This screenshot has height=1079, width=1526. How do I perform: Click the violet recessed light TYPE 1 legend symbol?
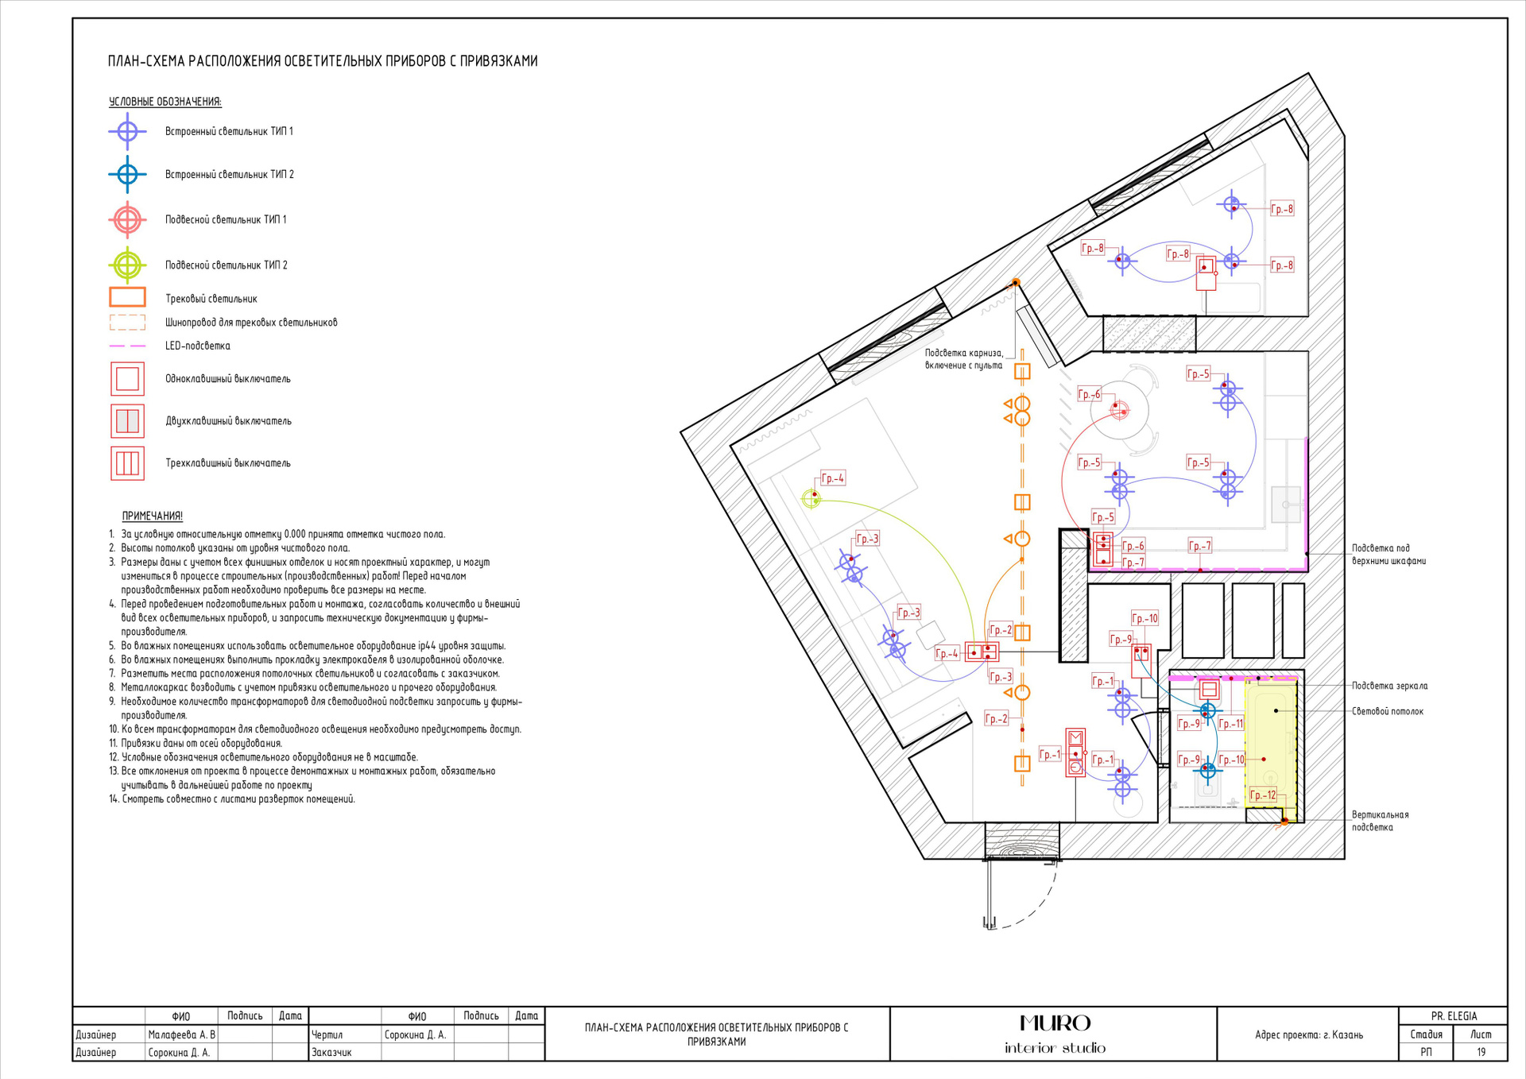tap(127, 131)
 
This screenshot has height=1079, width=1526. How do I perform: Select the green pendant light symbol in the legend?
tap(127, 265)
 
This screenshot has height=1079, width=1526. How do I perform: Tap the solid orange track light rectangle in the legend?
tap(127, 297)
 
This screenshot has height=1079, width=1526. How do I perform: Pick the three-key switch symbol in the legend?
tap(127, 463)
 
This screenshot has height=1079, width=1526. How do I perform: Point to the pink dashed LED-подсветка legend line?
tap(127, 346)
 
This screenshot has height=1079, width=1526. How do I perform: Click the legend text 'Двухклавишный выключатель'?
tap(228, 421)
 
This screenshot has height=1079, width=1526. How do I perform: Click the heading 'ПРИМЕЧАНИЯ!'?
tap(153, 516)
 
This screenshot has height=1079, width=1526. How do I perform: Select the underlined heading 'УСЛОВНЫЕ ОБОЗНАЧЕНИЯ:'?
tap(165, 102)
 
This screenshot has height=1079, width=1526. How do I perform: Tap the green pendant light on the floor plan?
tap(811, 499)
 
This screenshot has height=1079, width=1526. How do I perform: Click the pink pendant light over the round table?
tap(1119, 410)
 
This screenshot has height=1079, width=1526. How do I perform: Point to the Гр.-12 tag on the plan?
tap(1263, 795)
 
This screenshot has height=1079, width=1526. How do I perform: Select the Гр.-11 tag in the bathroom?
tap(1230, 723)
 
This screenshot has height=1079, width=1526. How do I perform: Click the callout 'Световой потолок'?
tap(1388, 711)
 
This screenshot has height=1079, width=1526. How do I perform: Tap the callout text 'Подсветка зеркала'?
tap(1390, 686)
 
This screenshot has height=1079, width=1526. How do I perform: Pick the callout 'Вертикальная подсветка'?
tap(1380, 821)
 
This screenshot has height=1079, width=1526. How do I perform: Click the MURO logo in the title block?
tap(1055, 1023)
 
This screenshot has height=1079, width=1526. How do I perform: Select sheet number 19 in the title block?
tap(1481, 1052)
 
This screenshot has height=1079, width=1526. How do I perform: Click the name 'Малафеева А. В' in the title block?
tap(181, 1035)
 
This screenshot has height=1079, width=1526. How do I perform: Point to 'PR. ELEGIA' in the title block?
tap(1454, 1016)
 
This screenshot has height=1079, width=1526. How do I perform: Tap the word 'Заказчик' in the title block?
tap(331, 1052)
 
